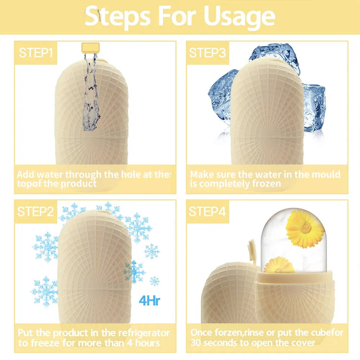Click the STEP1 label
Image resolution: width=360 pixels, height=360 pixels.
click(x=36, y=53)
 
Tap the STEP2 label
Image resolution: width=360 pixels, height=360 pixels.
click(x=36, y=212)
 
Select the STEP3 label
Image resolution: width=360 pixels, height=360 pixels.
click(x=207, y=53)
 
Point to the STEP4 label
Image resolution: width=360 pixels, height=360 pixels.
click(x=207, y=212)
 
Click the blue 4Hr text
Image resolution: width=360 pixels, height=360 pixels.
click(x=149, y=300)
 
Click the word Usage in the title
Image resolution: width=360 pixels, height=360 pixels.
click(x=239, y=16)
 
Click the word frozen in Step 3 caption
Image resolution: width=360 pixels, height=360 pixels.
click(x=265, y=184)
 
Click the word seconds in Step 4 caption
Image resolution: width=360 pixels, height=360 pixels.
click(x=223, y=342)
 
